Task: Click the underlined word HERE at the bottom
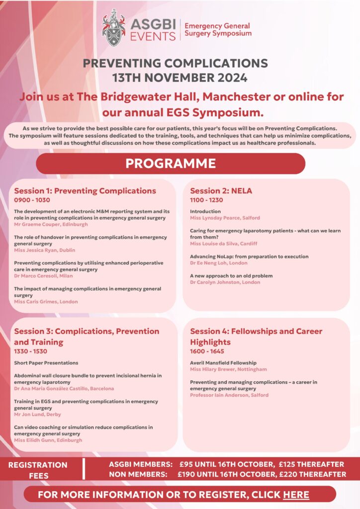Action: pyautogui.click(x=296, y=495)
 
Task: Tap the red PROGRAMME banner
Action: pyautogui.click(x=171, y=164)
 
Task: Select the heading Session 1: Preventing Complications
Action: pyautogui.click(x=85, y=191)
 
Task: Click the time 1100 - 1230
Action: pyautogui.click(x=206, y=200)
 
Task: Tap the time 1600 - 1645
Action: pyautogui.click(x=206, y=351)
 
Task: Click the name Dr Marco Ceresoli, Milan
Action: pyautogui.click(x=43, y=276)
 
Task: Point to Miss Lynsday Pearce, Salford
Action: pyautogui.click(x=225, y=218)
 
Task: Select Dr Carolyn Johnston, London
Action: pyautogui.click(x=225, y=282)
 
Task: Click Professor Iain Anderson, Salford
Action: pyautogui.click(x=229, y=395)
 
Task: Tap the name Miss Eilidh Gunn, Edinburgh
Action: pyautogui.click(x=48, y=440)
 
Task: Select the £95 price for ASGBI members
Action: pyautogui.click(x=187, y=464)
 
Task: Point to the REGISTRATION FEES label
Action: pyautogui.click(x=38, y=470)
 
